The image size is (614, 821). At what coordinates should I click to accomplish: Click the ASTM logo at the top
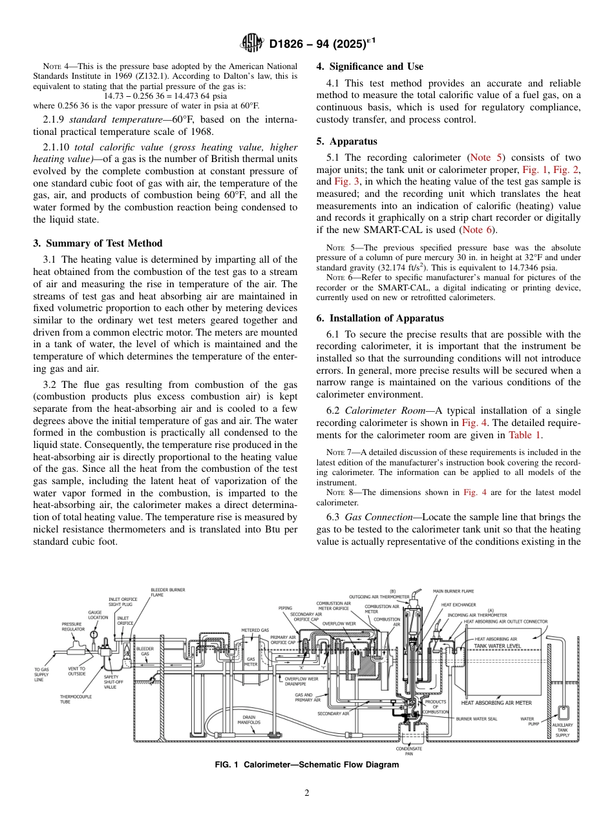pos(252,44)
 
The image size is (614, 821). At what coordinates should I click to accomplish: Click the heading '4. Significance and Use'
pos(370,66)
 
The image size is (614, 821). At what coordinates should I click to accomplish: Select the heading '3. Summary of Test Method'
pos(98,243)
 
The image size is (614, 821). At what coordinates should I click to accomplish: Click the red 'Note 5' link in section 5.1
pos(484,157)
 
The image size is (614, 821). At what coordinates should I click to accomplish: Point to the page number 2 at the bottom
pos(307,793)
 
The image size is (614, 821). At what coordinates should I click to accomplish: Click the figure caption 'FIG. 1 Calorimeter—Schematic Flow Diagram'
pos(306,765)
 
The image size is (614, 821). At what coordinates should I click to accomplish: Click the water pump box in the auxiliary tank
pos(563,713)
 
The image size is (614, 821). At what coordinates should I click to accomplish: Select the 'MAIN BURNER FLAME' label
pos(453,591)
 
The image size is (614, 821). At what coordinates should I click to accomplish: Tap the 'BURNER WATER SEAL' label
pos(476,718)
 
